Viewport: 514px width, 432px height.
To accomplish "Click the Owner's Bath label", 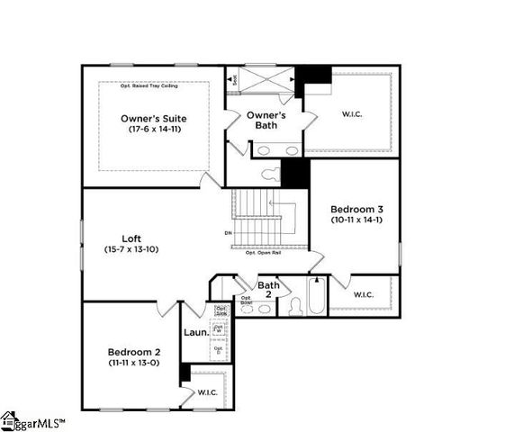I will point(266,120).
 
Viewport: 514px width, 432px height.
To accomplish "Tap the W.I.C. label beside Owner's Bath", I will point(350,113).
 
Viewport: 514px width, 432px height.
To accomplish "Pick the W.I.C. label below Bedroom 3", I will point(365,294).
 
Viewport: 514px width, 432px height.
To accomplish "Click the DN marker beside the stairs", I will point(229,234).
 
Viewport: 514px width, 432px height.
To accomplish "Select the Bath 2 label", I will point(268,290).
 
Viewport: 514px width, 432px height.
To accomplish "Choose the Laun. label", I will point(196,332).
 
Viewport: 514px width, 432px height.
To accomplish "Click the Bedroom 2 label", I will point(133,351).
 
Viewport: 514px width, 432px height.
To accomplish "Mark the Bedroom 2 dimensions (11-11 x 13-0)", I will point(133,362).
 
